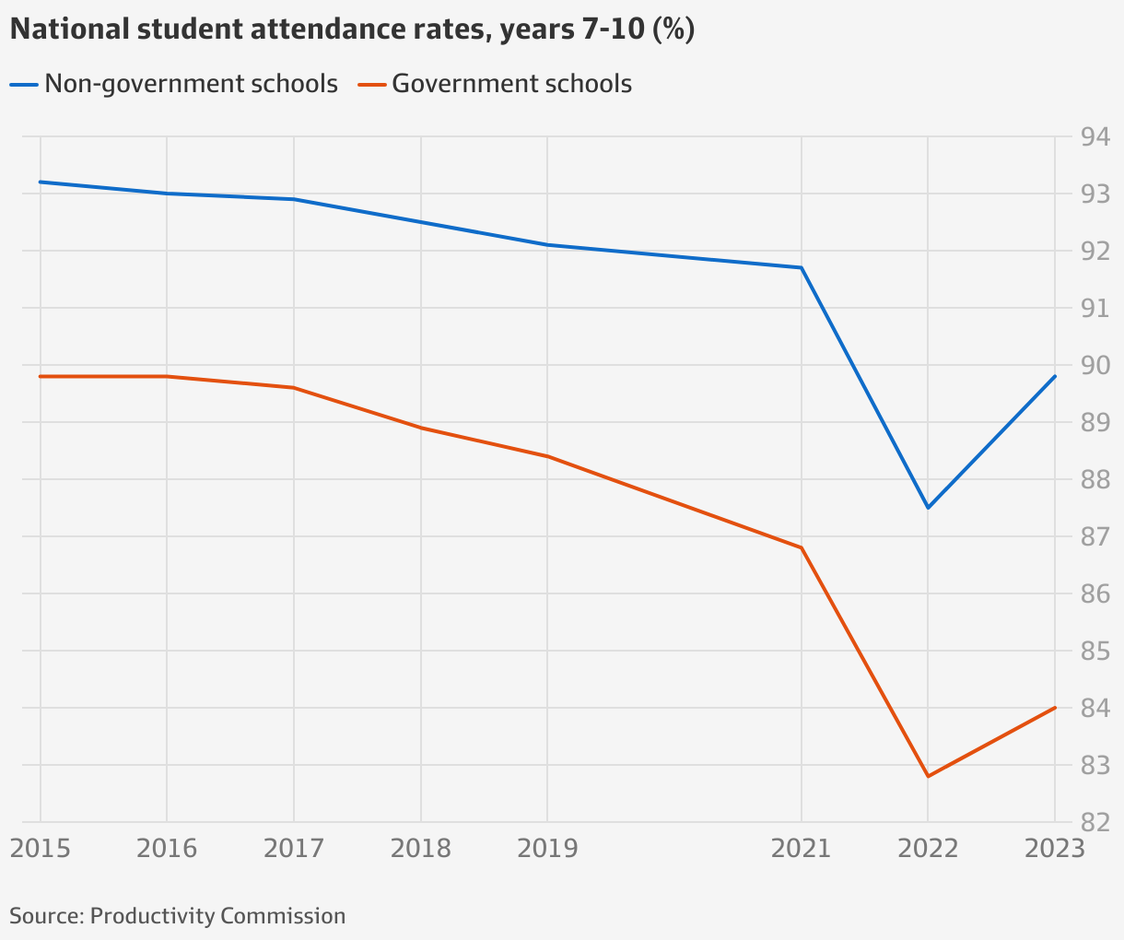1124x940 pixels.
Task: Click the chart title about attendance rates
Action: click(x=352, y=30)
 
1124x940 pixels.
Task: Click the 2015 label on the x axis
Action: click(x=40, y=848)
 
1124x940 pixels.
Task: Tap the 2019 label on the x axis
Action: click(x=547, y=848)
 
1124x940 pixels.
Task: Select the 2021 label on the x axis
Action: click(x=801, y=848)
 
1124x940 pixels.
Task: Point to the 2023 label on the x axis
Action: click(x=1054, y=848)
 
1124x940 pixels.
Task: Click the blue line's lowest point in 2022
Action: click(x=928, y=508)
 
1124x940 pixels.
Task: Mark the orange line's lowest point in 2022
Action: click(x=928, y=776)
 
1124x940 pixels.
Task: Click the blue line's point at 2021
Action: click(x=802, y=268)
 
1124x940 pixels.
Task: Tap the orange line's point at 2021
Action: click(x=802, y=547)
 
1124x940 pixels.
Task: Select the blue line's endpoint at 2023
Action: click(x=1055, y=376)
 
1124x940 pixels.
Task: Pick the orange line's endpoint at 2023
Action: click(x=1055, y=708)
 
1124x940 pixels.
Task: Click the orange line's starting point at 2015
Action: click(x=41, y=376)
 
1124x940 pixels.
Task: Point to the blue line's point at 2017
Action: click(x=294, y=199)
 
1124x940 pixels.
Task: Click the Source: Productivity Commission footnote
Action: click(x=178, y=916)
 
